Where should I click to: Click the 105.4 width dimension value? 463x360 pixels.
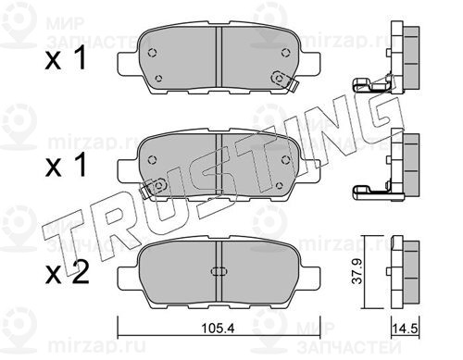click(218, 329)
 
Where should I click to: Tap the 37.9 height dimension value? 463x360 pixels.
click(357, 272)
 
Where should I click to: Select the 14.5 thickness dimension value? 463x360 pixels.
click(405, 329)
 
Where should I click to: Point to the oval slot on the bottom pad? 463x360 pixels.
click(219, 271)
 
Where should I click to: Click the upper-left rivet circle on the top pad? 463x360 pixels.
click(152, 53)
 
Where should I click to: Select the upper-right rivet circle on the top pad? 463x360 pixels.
click(285, 53)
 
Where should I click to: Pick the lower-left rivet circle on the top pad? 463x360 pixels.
click(158, 78)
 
